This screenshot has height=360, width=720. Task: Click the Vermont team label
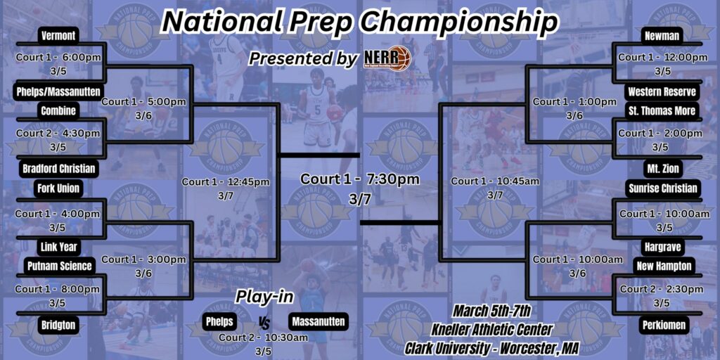tap(58, 36)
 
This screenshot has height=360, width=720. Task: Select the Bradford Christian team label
tap(59, 169)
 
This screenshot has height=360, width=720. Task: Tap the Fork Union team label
tap(59, 188)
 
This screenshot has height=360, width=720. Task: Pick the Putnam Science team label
tap(60, 266)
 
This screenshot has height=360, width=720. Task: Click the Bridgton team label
tap(59, 325)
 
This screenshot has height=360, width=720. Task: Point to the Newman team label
tap(662, 36)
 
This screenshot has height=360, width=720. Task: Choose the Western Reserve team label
tap(662, 91)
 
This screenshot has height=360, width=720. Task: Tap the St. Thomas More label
tap(662, 110)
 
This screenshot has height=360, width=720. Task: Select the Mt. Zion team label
tap(662, 169)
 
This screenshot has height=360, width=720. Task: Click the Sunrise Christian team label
tap(662, 188)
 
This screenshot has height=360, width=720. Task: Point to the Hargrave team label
tap(662, 247)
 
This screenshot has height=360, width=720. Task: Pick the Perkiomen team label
tap(662, 325)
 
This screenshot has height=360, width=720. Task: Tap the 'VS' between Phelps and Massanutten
tap(264, 323)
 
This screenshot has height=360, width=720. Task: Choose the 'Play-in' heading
tap(264, 297)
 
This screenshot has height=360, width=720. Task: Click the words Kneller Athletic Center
tap(491, 329)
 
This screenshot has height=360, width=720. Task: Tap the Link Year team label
tap(59, 247)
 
